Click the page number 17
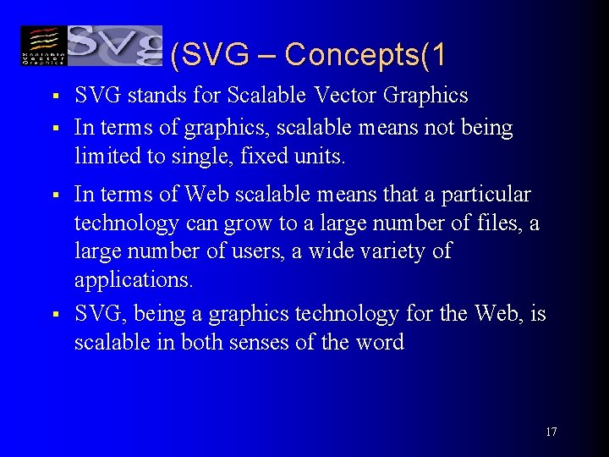click(551, 432)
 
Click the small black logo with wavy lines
click(42, 46)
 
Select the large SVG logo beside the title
click(114, 46)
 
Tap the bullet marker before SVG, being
click(52, 315)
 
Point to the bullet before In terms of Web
click(52, 195)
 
